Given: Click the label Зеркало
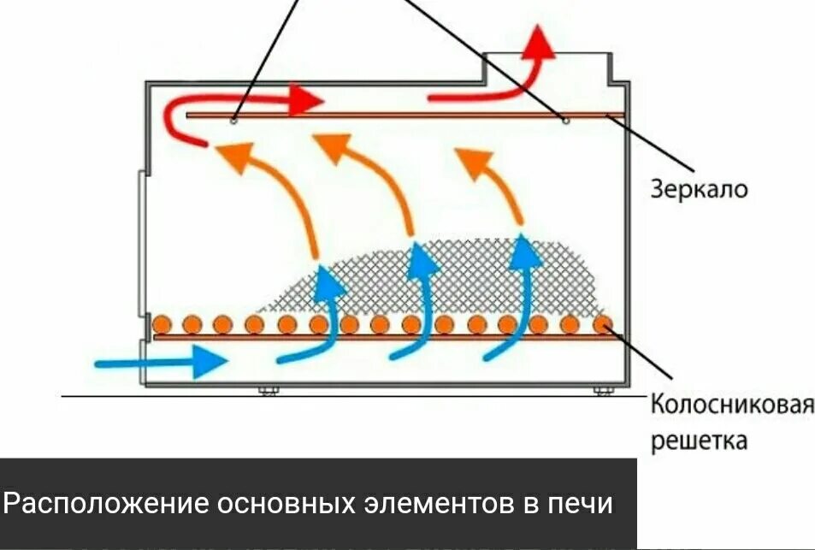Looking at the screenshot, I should (699, 188).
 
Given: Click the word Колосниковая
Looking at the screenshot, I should (731, 403).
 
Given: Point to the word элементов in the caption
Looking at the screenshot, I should (428, 502).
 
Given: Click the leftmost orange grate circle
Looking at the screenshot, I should (161, 324).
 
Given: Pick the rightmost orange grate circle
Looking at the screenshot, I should (603, 324).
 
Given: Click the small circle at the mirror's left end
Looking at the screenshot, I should (233, 121).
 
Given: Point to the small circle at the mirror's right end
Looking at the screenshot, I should (566, 121).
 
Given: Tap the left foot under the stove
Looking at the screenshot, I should (269, 392).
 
